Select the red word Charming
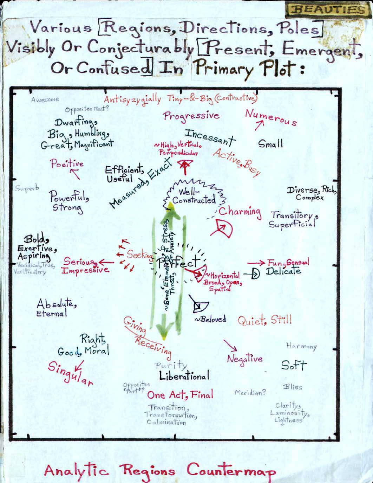click(x=240, y=212)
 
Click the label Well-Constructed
click(x=194, y=197)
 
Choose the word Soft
click(x=294, y=365)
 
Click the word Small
click(x=270, y=144)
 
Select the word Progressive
click(x=191, y=116)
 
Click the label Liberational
click(x=184, y=376)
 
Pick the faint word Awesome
click(x=45, y=99)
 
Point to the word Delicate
click(x=283, y=271)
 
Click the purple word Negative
click(x=244, y=359)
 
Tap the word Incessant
click(x=210, y=137)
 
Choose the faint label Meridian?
click(x=250, y=392)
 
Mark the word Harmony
click(x=301, y=346)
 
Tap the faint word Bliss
click(x=293, y=387)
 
